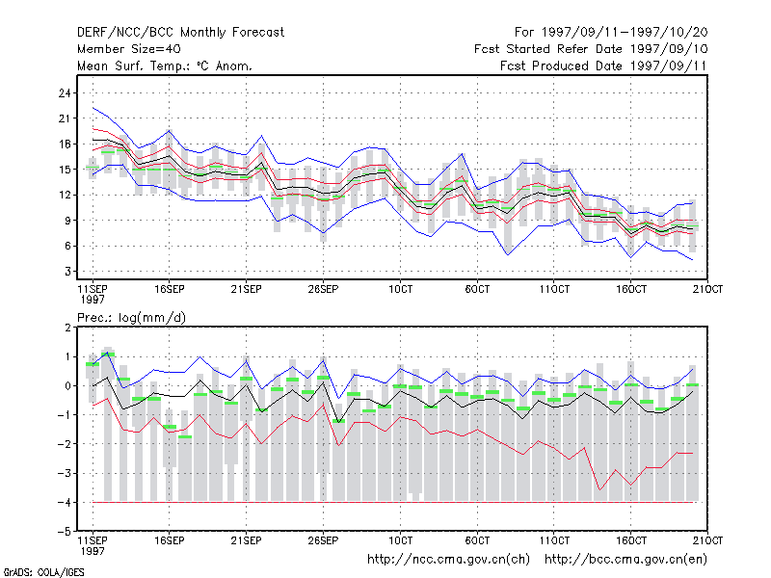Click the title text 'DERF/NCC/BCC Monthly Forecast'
tap(180, 33)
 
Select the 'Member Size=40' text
tap(129, 49)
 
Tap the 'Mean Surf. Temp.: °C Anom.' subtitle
tap(164, 66)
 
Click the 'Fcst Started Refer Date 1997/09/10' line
tap(591, 49)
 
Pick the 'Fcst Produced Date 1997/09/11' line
tap(603, 66)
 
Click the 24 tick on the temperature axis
tap(65, 92)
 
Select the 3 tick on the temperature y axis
tap(67, 272)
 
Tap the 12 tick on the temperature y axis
tap(65, 196)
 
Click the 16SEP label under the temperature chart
tap(170, 289)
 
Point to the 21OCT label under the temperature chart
tap(707, 289)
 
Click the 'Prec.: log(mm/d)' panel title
tap(131, 318)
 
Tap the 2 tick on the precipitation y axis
tap(67, 328)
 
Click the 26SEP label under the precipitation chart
tap(323, 540)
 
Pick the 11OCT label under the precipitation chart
tap(554, 540)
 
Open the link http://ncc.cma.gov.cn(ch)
tap(448, 560)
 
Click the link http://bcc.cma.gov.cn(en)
tap(625, 560)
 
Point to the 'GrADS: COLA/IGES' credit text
tap(43, 572)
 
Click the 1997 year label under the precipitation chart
tap(93, 551)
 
